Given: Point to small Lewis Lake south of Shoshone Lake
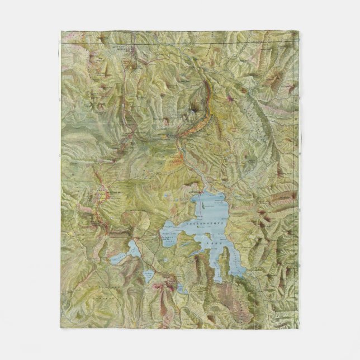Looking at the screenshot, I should point(148,274).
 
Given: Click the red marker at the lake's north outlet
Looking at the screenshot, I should point(200,192).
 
